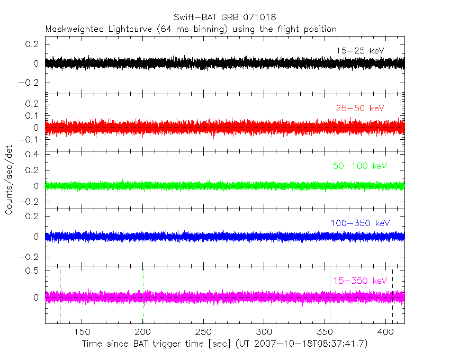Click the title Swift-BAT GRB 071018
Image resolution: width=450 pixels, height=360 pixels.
[224, 17]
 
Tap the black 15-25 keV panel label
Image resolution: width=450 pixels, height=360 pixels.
[359, 51]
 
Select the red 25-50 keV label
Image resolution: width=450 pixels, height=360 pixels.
[359, 109]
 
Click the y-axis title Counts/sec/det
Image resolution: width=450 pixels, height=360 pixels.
[9, 181]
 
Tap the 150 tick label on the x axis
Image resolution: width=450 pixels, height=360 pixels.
[82, 332]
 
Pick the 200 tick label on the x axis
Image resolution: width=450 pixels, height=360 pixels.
[143, 332]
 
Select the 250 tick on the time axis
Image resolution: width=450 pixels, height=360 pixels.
[203, 332]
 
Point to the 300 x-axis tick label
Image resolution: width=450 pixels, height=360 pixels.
[264, 332]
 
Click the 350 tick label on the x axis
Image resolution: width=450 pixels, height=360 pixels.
[325, 332]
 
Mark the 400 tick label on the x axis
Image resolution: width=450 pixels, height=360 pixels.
[385, 332]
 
